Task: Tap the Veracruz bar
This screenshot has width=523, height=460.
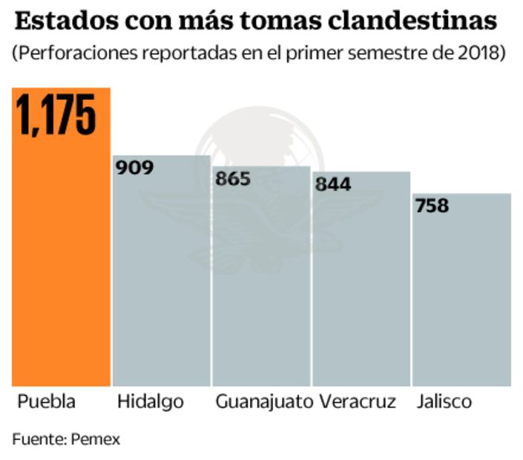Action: (361, 289)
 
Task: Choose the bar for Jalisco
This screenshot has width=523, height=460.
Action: (461, 297)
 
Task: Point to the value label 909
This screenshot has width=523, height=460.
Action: (135, 167)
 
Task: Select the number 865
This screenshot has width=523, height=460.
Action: (232, 179)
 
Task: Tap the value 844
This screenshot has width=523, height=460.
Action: (332, 184)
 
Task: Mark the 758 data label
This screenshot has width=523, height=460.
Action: (432, 206)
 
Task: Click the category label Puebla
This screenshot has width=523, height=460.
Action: (46, 402)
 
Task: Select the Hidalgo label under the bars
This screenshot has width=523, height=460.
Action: (150, 402)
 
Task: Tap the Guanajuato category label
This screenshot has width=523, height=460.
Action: (264, 402)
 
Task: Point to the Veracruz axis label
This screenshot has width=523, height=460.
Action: (358, 402)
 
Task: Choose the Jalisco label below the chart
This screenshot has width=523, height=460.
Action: (444, 402)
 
